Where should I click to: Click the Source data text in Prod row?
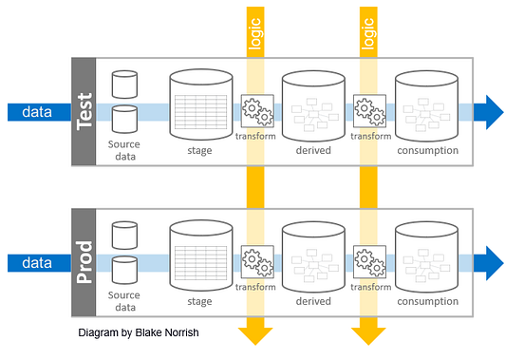click(123, 301)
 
